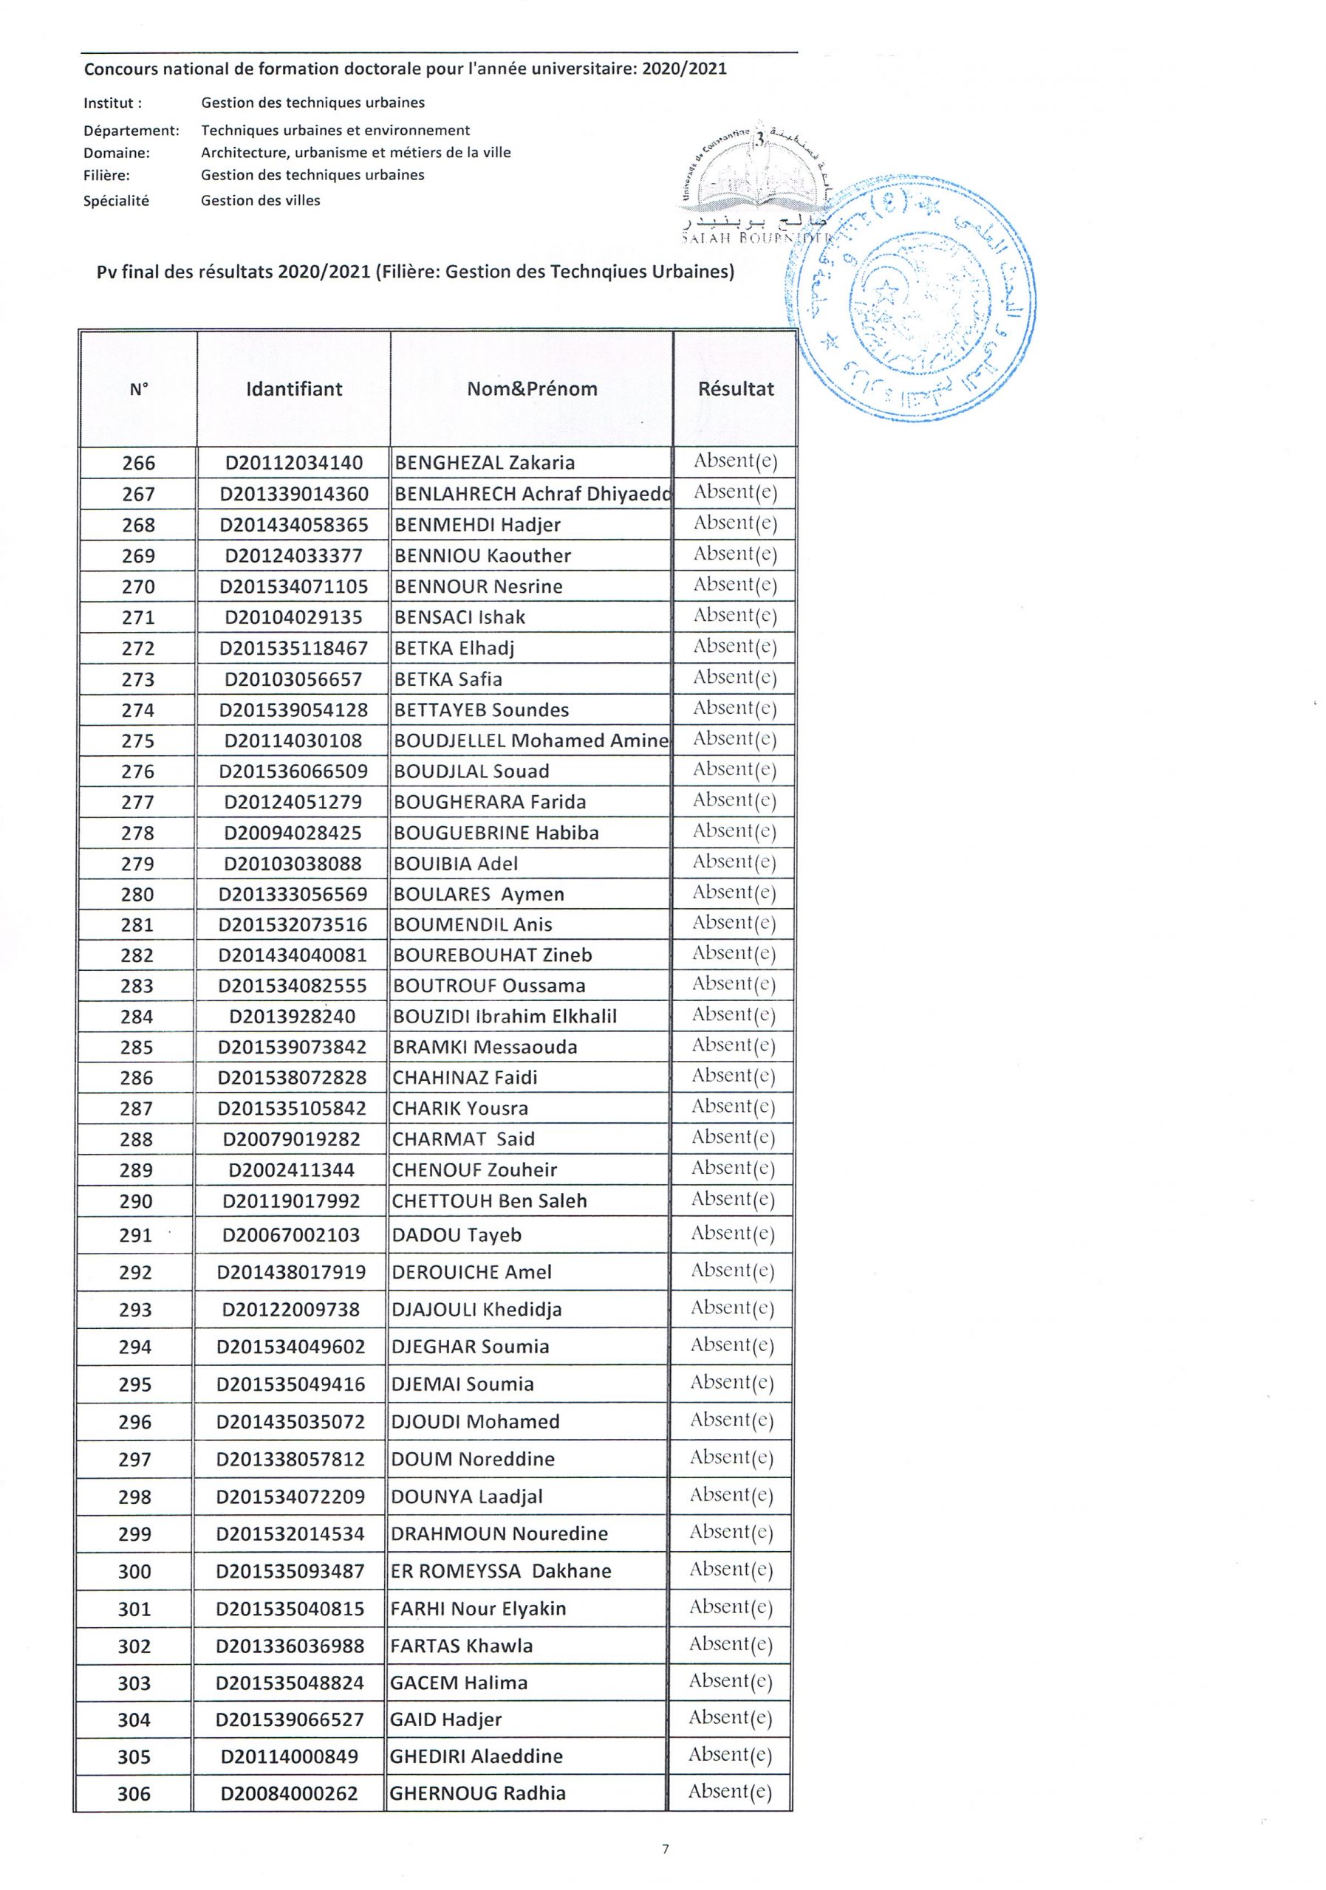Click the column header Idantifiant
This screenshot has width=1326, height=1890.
click(294, 388)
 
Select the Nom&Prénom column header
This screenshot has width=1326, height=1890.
click(532, 388)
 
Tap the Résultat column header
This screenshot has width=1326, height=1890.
click(736, 388)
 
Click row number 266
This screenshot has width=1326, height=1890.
click(138, 463)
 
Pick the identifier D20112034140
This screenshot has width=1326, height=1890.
click(294, 463)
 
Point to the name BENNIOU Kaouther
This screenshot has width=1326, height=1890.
click(482, 556)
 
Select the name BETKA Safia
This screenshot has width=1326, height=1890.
click(448, 679)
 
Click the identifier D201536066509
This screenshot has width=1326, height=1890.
click(293, 772)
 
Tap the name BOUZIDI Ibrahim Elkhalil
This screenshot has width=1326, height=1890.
click(505, 1016)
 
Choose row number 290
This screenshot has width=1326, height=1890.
click(136, 1201)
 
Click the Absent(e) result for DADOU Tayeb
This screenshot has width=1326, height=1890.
click(733, 1233)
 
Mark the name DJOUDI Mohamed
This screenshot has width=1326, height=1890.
click(475, 1422)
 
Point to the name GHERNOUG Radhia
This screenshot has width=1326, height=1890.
click(478, 1793)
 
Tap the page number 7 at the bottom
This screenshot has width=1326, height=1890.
click(666, 1848)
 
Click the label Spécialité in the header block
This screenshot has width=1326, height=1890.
click(116, 200)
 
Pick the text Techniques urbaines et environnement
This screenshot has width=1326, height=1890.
click(335, 130)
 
